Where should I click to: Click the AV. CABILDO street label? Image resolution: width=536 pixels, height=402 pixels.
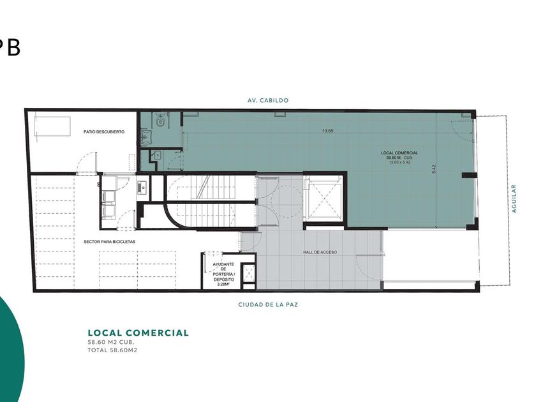point(267,101)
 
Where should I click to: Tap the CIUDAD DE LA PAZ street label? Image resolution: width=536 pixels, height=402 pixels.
point(267,304)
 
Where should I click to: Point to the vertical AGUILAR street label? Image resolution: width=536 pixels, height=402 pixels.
point(514,198)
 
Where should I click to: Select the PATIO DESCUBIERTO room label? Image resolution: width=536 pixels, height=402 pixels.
point(104,131)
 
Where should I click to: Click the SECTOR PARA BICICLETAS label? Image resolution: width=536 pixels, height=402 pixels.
point(109,242)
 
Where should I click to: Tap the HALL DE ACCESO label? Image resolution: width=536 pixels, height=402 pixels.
point(320,252)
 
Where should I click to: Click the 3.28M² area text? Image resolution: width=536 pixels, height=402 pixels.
point(223,284)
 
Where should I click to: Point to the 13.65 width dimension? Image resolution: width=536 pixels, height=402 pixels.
point(328,131)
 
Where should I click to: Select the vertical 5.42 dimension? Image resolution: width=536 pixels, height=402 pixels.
point(434,169)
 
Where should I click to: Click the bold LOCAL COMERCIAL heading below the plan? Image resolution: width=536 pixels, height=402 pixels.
point(138,333)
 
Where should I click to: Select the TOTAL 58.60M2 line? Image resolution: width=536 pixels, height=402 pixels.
point(112,350)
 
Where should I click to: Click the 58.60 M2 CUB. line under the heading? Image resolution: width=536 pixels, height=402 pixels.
point(111,342)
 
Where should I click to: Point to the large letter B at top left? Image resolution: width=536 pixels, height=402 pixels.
point(13,48)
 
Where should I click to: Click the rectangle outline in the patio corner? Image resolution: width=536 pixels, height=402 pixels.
point(52,126)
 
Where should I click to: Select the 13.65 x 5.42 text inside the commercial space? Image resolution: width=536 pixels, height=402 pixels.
point(399,162)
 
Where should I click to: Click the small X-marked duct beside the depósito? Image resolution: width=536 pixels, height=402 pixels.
point(248,272)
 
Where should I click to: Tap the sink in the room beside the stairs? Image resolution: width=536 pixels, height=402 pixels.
point(142,186)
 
